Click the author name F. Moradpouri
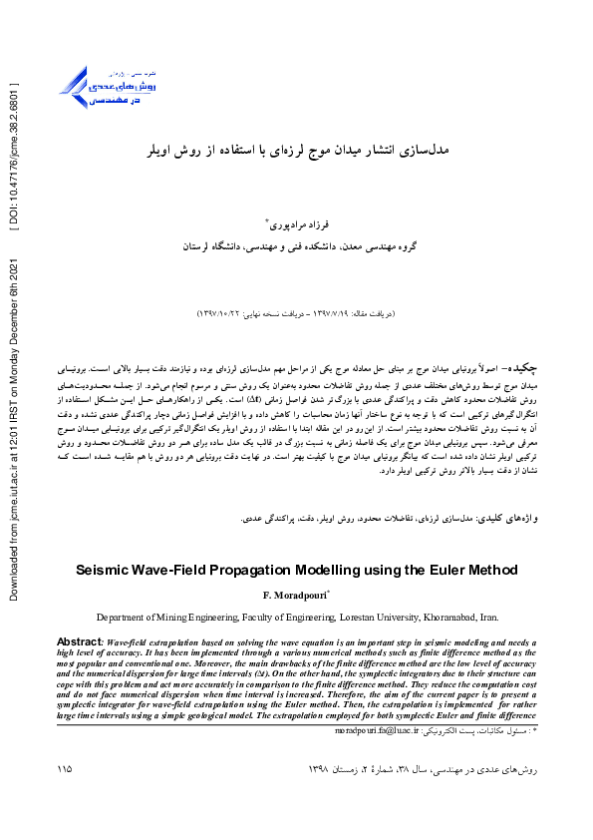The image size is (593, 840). pos(295,596)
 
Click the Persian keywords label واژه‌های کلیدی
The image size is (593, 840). pos(508,519)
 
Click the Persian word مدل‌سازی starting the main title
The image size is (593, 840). pos(429,151)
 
